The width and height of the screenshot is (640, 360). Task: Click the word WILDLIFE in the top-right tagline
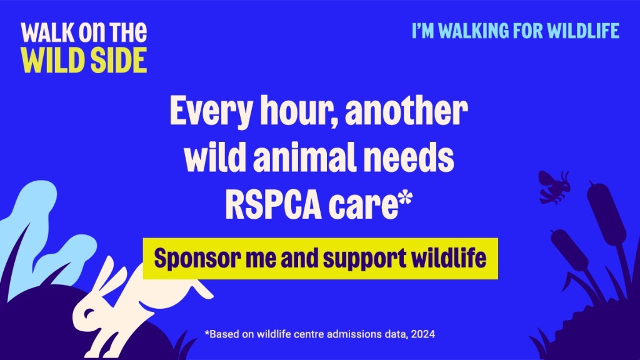pyautogui.click(x=583, y=31)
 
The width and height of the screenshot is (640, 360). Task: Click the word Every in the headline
pyautogui.click(x=211, y=111)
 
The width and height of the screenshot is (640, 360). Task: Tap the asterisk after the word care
pyautogui.click(x=405, y=199)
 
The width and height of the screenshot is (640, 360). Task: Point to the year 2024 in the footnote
pyautogui.click(x=423, y=334)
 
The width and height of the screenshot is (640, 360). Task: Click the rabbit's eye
pyautogui.click(x=89, y=314)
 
